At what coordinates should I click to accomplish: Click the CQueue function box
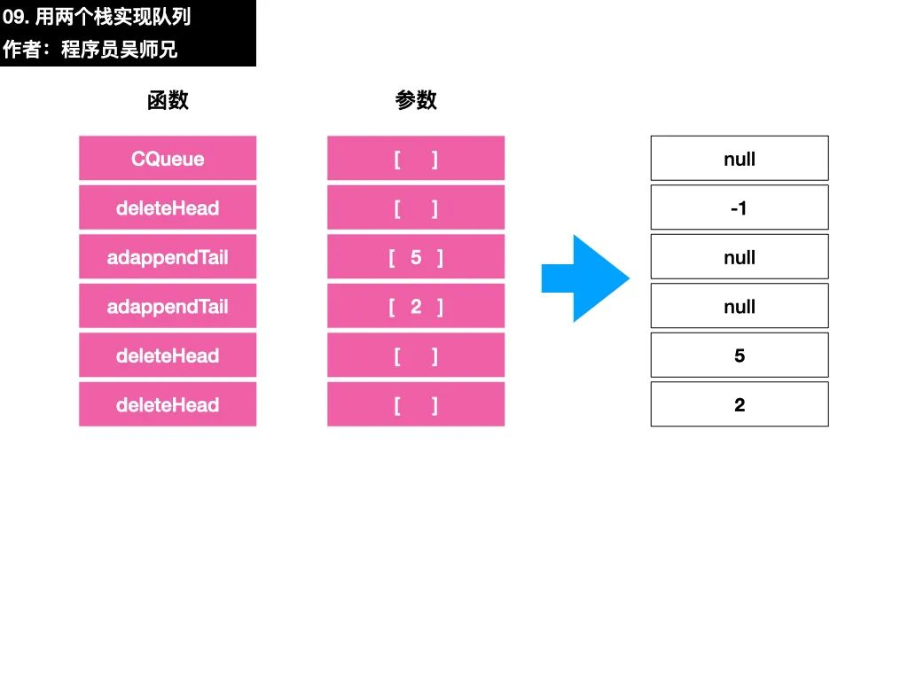coord(168,158)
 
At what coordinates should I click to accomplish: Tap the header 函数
coord(168,100)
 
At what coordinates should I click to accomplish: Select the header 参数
coord(416,100)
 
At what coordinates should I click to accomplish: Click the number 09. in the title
coord(16,17)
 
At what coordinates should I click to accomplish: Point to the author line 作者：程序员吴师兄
coord(90,50)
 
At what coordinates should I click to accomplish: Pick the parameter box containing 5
coord(416,256)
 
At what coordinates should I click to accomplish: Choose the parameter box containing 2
coord(416,306)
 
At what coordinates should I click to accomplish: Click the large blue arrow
coord(585,278)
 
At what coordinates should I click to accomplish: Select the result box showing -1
coord(740,207)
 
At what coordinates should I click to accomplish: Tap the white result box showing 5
coord(740,355)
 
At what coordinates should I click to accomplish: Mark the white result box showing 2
coord(740,404)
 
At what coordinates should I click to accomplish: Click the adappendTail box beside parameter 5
coord(168,256)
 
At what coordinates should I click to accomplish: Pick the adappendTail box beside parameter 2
coord(168,306)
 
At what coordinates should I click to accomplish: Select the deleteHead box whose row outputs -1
coord(168,207)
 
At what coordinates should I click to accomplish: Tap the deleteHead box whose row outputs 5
coord(168,355)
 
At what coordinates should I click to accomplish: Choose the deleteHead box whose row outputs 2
coord(168,404)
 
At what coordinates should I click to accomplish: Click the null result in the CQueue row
coord(740,158)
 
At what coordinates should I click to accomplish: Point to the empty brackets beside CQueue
coord(416,158)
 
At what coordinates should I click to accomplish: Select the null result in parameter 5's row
coord(740,256)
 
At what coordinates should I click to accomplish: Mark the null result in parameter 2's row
coord(740,306)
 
